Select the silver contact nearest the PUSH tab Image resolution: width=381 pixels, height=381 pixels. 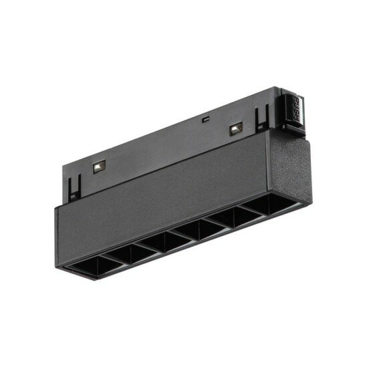(235, 128)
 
